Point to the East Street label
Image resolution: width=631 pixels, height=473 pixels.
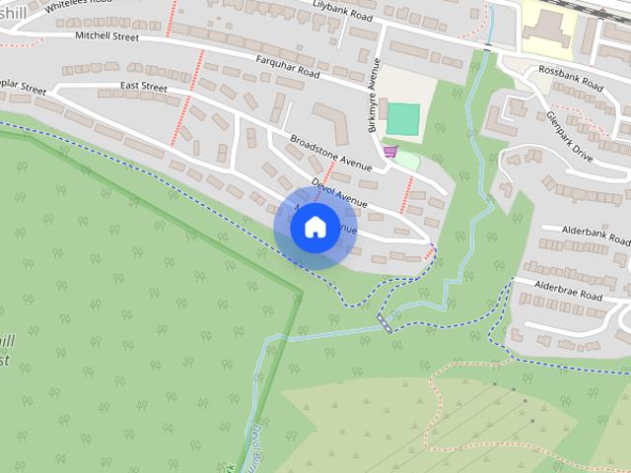[143, 88]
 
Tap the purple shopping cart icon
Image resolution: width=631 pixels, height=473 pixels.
[389, 151]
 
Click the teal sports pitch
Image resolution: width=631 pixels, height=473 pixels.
[402, 119]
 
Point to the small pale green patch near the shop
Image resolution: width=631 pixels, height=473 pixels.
[407, 159]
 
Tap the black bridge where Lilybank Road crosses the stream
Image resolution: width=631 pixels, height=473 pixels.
[488, 45]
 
